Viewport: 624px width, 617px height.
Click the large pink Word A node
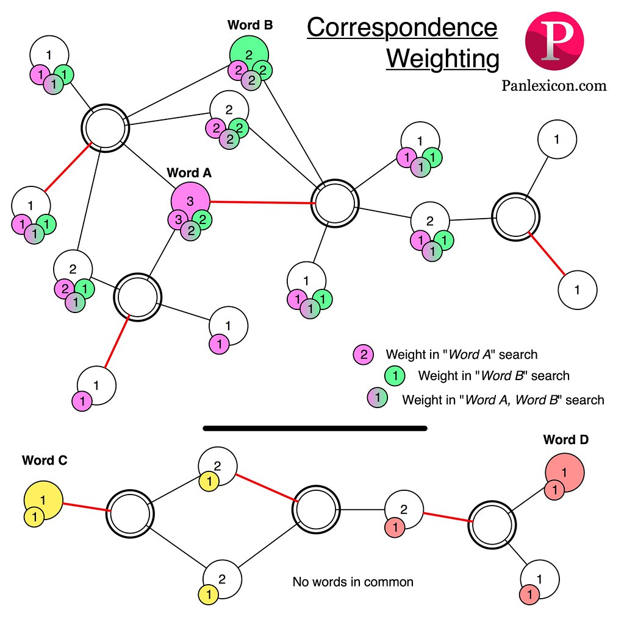pyautogui.click(x=190, y=200)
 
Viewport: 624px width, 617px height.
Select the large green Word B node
pyautogui.click(x=249, y=54)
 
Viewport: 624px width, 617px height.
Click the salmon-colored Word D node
pyautogui.click(x=564, y=471)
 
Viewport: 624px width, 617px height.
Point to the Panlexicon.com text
pyautogui.click(x=554, y=85)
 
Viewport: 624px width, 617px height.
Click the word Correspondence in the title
pyautogui.click(x=402, y=27)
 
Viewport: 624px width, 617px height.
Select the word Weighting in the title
pyautogui.click(x=442, y=59)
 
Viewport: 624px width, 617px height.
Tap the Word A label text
pyautogui.click(x=188, y=172)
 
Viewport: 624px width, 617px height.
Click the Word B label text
pyautogui.click(x=250, y=25)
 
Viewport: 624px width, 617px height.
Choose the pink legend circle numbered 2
pyautogui.click(x=363, y=354)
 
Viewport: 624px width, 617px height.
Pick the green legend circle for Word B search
pyautogui.click(x=395, y=376)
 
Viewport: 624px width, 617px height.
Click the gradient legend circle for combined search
pyautogui.click(x=377, y=399)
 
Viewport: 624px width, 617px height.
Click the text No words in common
pyautogui.click(x=353, y=582)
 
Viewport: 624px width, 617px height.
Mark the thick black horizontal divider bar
pyautogui.click(x=315, y=428)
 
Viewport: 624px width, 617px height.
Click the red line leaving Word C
pyautogui.click(x=85, y=507)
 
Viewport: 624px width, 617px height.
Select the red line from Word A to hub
pyautogui.click(x=261, y=202)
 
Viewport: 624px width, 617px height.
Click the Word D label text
pyautogui.click(x=565, y=439)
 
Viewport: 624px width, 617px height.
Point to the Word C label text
pyautogui.click(x=45, y=460)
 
